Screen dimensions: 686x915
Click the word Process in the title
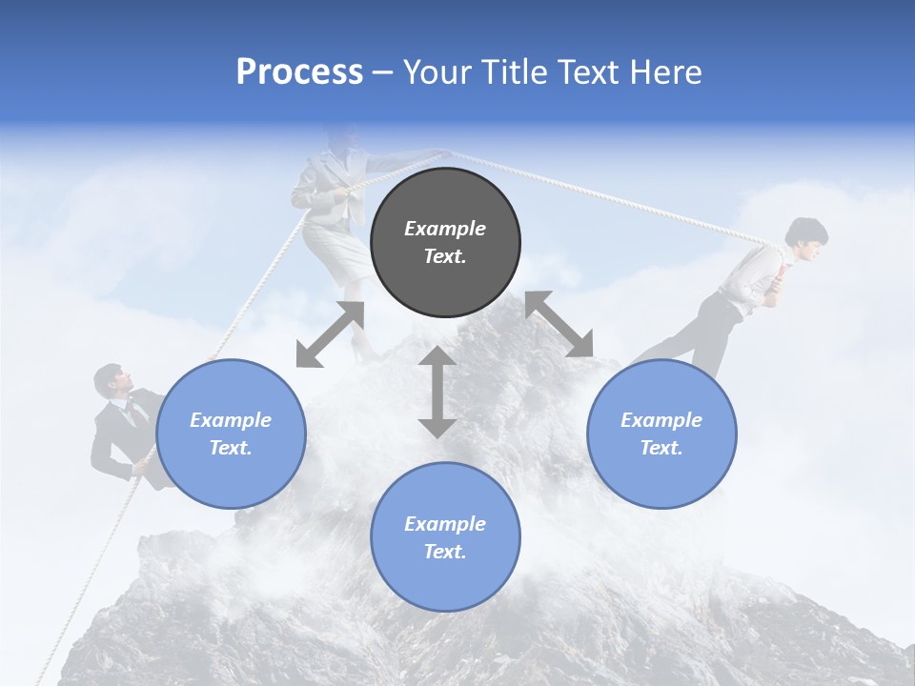point(299,72)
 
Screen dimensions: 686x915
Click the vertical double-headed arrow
point(437,393)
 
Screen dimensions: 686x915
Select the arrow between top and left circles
point(330,334)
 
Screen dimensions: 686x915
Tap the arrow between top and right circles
point(559,324)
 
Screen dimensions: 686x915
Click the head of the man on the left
point(110,380)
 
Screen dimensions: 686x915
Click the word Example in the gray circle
point(445,229)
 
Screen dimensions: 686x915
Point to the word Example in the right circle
point(661,420)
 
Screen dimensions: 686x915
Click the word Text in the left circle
point(230,448)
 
